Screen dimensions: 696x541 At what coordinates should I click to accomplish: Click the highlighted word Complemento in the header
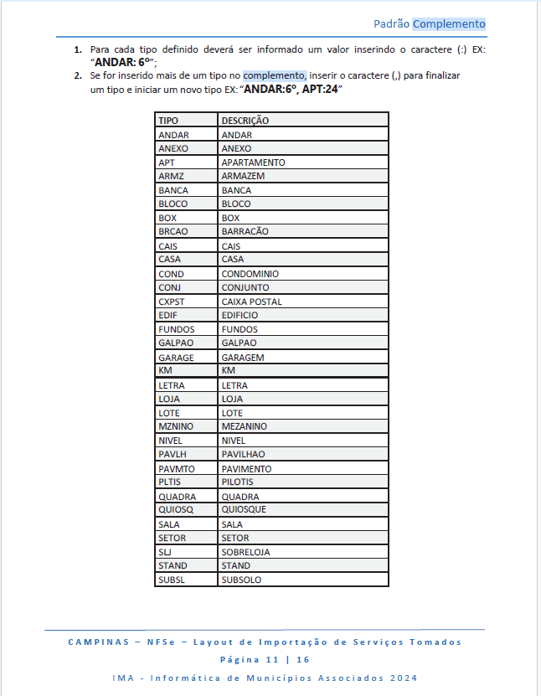(x=449, y=24)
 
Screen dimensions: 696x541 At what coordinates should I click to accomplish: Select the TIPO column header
(x=168, y=121)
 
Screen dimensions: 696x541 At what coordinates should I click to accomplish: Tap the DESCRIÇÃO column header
(x=245, y=121)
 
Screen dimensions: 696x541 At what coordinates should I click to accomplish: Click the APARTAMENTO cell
(x=253, y=162)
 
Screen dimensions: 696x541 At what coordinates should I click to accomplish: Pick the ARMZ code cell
(x=171, y=176)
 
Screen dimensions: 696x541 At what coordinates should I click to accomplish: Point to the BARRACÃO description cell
(x=245, y=231)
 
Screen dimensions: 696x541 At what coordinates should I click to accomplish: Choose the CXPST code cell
(x=172, y=302)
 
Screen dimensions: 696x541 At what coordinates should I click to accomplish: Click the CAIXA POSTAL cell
(x=251, y=302)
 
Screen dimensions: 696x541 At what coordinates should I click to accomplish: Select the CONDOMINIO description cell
(x=250, y=274)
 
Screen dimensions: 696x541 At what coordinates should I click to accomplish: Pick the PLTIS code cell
(x=170, y=482)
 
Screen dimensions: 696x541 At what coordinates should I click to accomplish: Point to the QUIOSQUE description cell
(x=244, y=509)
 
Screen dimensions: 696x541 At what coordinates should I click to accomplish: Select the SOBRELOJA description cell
(x=245, y=552)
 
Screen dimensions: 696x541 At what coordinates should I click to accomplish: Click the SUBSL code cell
(x=171, y=579)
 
